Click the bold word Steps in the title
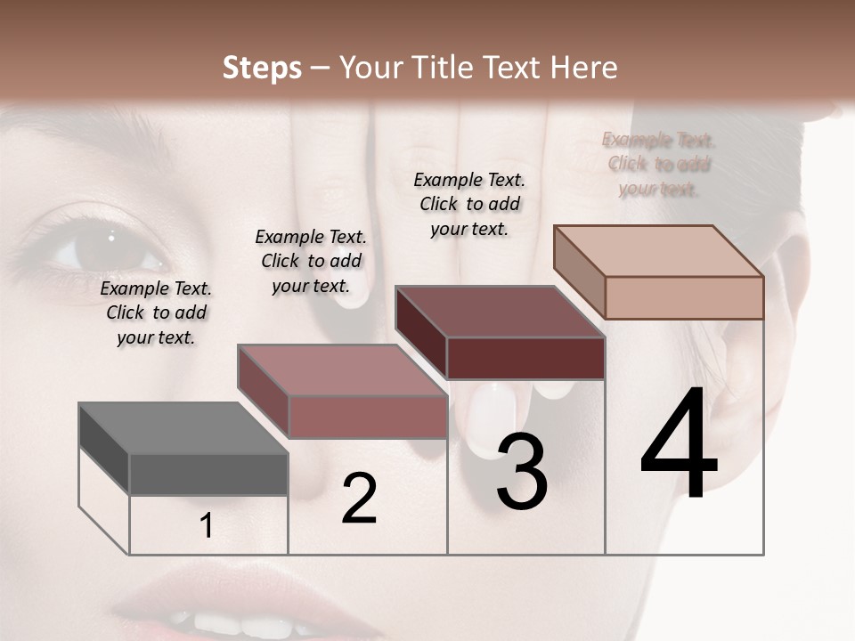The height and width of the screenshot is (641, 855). pos(262,68)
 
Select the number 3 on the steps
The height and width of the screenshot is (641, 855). pos(521,472)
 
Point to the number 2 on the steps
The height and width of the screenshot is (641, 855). pos(359,499)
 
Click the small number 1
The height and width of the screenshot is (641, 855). pos(207,526)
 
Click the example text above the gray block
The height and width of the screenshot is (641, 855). pos(156,312)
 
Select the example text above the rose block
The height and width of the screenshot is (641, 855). pos(311,261)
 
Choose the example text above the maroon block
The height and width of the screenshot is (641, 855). pos(469,204)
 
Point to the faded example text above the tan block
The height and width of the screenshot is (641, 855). pos(659,164)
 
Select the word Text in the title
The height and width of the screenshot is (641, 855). pos(514,68)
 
